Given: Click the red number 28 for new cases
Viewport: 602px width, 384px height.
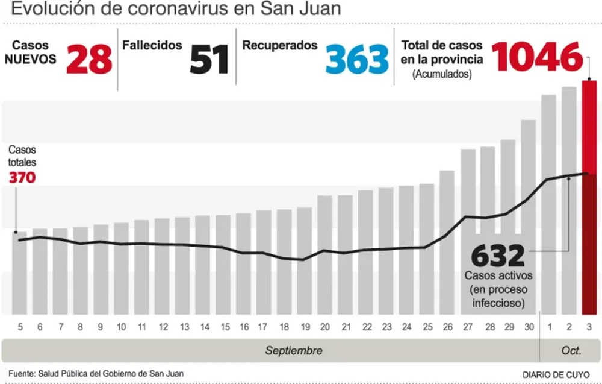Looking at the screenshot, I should pos(89,59).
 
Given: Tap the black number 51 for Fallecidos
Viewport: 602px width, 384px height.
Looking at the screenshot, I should pos(209,59).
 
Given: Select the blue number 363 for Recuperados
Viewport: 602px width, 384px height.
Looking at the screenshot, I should pos(358,59).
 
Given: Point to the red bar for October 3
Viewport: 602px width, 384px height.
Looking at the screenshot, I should pos(589,199).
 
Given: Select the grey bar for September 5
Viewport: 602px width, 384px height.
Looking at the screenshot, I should pos(20,274).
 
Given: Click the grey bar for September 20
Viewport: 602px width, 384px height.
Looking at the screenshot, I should pos(325,256).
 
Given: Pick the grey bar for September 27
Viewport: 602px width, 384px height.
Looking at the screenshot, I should pos(468,232).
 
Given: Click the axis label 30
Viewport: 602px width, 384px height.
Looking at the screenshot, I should pos(529,327).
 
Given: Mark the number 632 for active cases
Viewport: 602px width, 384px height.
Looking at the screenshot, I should pos(498,257).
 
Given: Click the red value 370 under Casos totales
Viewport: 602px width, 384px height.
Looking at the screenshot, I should pos(22,178).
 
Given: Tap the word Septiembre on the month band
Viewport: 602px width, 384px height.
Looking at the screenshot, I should pos(294,351).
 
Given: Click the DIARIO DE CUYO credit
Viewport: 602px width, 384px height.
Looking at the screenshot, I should pos(556,374).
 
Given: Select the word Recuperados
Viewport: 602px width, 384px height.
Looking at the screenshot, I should pos(280,45).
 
